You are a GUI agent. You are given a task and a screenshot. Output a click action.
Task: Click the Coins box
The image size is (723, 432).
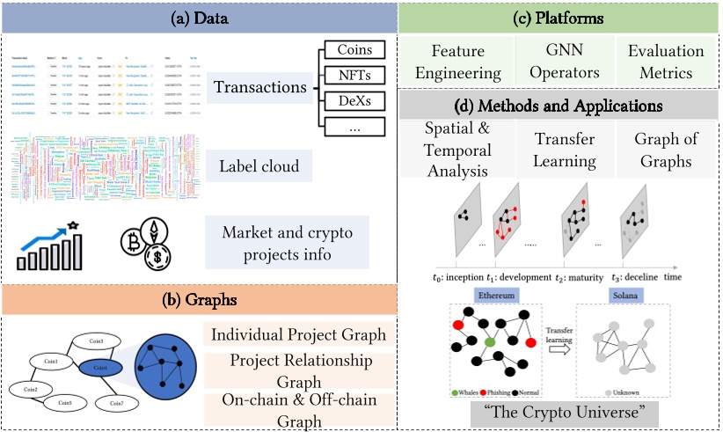coord(354,50)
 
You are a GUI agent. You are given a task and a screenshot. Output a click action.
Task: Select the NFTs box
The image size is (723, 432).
coord(354,77)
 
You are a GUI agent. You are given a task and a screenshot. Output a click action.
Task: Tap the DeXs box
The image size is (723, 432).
coord(354,102)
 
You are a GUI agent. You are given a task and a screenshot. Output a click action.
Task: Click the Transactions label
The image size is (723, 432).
coord(259,87)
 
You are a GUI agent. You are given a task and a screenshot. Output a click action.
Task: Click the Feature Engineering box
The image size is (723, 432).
coord(455,62)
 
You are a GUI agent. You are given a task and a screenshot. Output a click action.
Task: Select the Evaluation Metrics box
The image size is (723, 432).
coord(665,62)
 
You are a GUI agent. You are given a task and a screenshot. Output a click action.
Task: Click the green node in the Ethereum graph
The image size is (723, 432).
coord(489,340)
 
